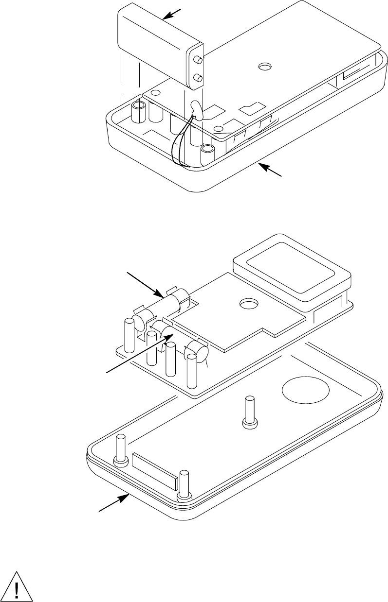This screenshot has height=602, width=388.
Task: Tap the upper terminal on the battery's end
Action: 198,60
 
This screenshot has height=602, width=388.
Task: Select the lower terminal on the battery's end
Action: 198,78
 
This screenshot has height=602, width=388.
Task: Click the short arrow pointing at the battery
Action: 174,14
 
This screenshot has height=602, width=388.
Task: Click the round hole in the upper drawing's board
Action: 266,65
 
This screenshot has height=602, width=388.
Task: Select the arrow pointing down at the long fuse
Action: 144,285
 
